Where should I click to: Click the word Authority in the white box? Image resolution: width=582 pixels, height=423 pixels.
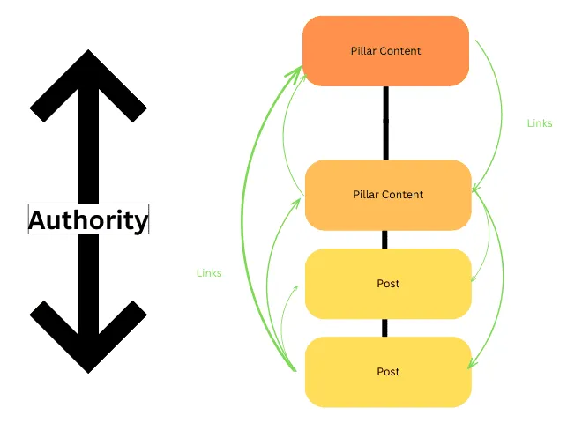[x=88, y=219]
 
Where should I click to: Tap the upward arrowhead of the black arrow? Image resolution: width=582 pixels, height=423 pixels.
[x=88, y=84]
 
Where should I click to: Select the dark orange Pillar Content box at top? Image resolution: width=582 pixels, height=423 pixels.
[x=385, y=51]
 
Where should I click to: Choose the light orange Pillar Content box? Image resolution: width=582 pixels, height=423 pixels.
[x=388, y=195]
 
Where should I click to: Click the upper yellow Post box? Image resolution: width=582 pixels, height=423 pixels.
[x=388, y=284]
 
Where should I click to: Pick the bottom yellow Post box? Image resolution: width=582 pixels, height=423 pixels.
[x=388, y=371]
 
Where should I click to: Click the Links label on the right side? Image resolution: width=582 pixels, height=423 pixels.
[x=540, y=123]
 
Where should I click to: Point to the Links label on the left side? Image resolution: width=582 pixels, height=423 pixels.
[x=209, y=273]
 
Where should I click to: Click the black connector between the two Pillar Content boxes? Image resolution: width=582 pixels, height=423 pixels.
[x=386, y=123]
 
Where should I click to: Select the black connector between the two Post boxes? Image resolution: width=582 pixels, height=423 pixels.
[x=385, y=328]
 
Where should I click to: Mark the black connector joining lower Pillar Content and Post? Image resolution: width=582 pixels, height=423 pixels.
[x=385, y=240]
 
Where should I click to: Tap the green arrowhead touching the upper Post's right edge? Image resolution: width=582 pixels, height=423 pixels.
[x=474, y=280]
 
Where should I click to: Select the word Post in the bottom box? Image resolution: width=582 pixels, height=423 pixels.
[x=388, y=371]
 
